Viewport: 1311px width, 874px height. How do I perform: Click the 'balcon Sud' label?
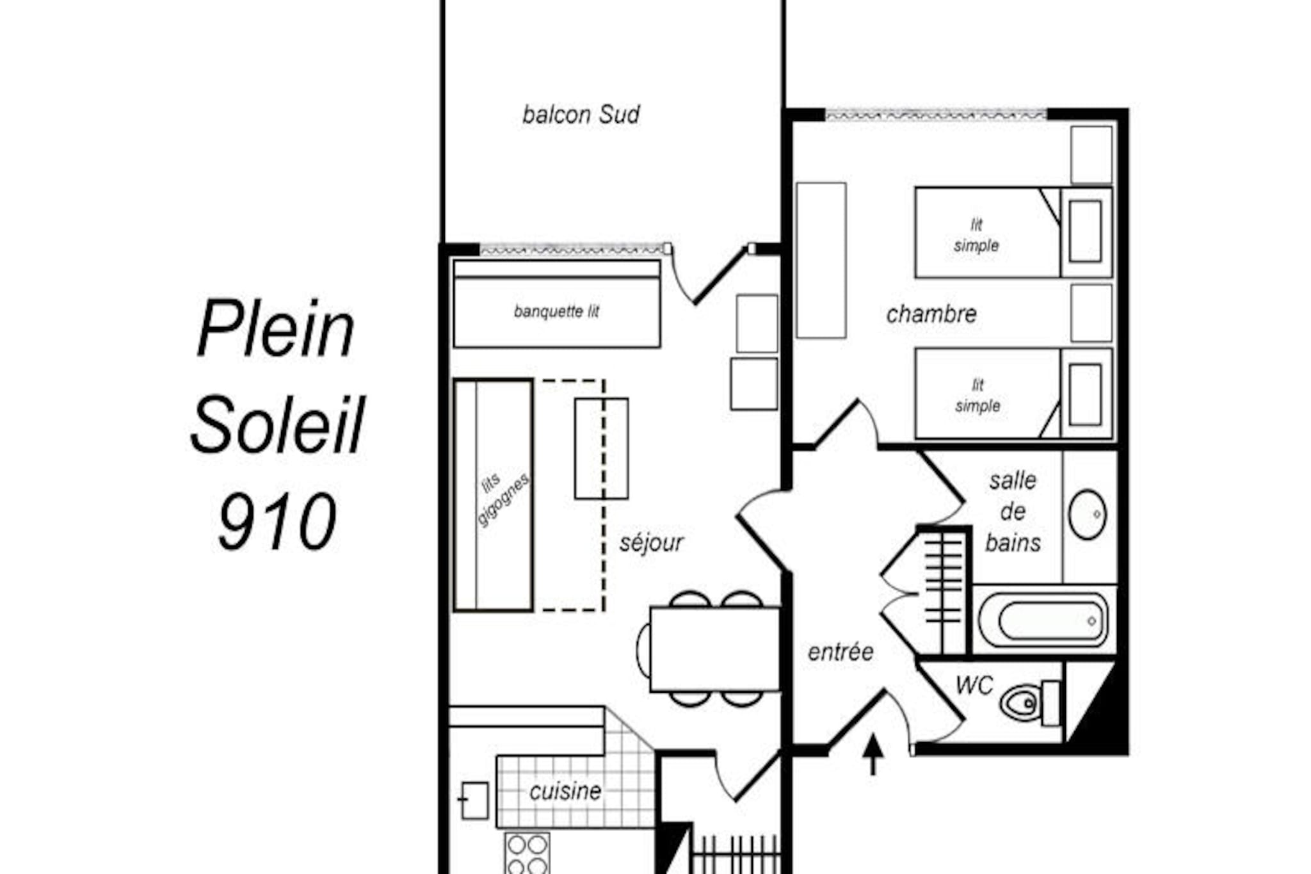581,115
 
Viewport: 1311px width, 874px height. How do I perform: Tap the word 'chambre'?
931,314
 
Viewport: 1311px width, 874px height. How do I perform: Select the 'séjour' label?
651,543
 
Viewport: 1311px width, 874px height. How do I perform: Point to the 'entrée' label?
840,652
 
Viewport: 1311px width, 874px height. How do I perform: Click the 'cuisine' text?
565,791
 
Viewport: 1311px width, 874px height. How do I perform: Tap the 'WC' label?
974,686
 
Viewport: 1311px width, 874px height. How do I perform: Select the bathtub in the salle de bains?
1043,620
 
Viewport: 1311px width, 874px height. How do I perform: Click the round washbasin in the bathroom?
1087,514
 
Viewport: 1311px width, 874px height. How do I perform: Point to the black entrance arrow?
873,755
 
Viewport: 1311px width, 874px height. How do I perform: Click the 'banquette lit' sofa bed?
557,304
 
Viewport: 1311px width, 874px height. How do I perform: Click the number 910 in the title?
277,521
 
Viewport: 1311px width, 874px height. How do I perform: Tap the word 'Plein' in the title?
275,328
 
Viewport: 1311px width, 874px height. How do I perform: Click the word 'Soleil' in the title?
277,425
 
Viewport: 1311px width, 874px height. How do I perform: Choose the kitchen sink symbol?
474,800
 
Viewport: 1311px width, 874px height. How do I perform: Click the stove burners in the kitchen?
527,854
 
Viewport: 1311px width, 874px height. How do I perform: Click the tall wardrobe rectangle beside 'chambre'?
821,260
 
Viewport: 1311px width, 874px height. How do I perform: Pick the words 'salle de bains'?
1013,512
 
